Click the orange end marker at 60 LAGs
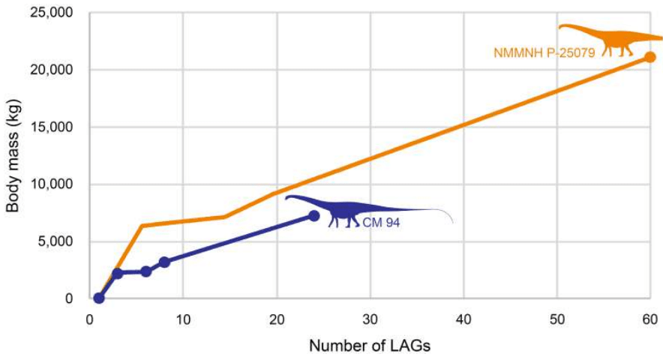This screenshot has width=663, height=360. [x=650, y=57]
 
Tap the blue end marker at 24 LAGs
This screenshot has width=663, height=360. [x=313, y=216]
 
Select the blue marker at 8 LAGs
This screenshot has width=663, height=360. [x=164, y=262]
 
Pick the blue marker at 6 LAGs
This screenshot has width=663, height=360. [x=145, y=271]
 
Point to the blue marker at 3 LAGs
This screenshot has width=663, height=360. [x=118, y=273]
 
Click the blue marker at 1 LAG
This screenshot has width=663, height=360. [x=98, y=298]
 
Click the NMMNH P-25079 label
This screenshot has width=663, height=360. [x=544, y=53]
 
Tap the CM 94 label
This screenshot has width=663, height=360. [x=381, y=223]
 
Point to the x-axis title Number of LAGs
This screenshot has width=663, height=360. [x=370, y=346]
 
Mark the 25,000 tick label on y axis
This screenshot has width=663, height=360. [x=52, y=13]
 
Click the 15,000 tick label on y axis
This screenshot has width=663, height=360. [x=52, y=127]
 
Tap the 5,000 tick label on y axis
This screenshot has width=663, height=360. [x=56, y=241]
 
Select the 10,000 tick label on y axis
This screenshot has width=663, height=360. [x=52, y=184]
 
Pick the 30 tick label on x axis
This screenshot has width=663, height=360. [x=370, y=318]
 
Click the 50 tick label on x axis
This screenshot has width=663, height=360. [x=557, y=318]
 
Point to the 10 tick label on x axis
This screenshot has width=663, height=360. [x=182, y=318]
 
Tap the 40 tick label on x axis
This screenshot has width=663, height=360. [x=463, y=318]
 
